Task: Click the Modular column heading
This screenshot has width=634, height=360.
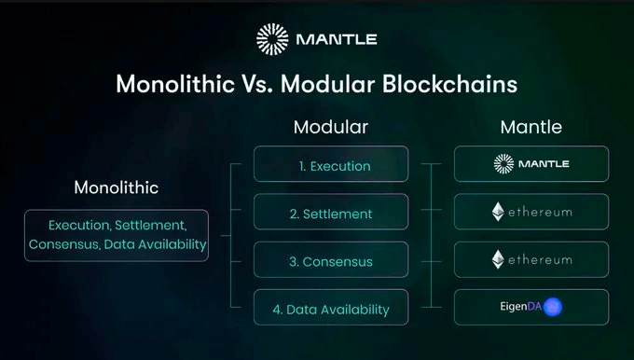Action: [330, 127]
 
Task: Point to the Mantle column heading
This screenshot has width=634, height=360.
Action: [531, 127]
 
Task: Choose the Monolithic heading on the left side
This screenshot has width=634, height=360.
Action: [117, 187]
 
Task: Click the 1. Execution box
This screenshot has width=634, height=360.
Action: [330, 166]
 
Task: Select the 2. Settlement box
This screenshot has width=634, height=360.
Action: [330, 214]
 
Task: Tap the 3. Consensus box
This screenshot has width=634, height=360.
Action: [330, 260]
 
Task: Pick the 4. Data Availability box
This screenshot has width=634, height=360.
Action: [330, 308]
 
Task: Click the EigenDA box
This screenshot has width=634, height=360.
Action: [531, 307]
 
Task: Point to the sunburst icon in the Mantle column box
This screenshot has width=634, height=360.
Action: [503, 164]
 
